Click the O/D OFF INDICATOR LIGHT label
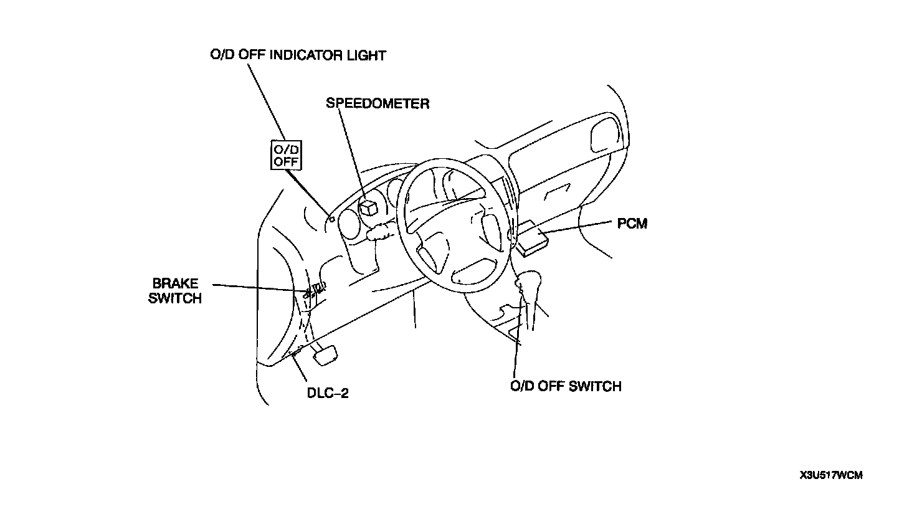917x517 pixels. pos(298,55)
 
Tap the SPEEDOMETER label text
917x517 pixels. pos(378,103)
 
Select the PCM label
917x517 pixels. pos(632,223)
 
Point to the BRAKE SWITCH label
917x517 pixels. pos(175,291)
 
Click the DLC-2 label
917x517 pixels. pos(328,393)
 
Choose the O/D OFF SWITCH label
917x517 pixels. pos(566,386)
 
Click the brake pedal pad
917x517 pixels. pos(326,354)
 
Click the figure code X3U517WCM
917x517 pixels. pos(831,476)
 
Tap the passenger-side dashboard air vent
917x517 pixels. pos(604,134)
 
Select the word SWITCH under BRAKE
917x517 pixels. pos(175,298)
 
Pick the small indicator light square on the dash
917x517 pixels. pos(333,219)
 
